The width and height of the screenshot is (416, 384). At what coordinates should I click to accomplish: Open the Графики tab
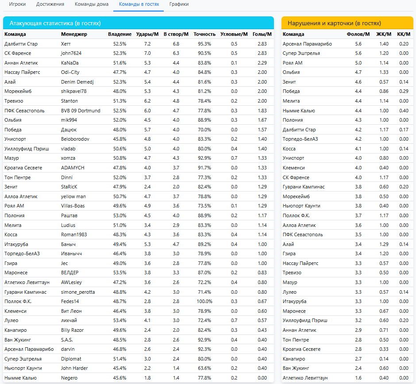pos(179,4)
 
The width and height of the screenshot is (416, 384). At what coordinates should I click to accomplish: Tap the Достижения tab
pos(50,4)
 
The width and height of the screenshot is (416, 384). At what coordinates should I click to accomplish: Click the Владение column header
pos(119,34)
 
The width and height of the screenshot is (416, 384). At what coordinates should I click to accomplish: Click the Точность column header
pos(204,34)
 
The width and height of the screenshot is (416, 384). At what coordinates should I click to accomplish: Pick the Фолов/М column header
pos(358,34)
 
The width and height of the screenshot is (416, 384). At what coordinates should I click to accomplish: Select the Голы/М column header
pos(262,34)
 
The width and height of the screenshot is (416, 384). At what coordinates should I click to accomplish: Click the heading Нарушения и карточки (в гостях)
pos(334,23)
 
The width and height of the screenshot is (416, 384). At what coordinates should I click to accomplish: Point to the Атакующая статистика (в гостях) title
pos(53,23)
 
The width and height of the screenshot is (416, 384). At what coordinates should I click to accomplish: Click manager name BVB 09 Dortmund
pos(81,111)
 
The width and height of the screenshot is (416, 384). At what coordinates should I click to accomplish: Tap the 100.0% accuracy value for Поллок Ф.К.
pos(204,301)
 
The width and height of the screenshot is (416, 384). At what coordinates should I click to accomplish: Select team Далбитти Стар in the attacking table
pos(21,44)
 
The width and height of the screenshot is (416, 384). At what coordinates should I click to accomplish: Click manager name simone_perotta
pos(78,292)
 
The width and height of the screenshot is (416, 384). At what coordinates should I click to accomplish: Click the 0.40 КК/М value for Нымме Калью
pos(404,111)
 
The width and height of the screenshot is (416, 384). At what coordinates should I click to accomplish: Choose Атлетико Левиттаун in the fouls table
pos(305,378)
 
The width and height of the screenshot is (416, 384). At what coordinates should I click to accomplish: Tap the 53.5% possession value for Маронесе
pos(119,273)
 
